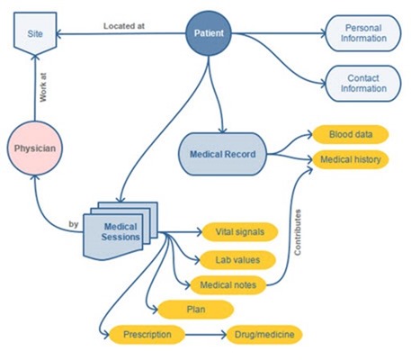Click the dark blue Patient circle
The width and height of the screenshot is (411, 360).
(x=209, y=33)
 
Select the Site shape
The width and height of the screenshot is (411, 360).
(x=35, y=33)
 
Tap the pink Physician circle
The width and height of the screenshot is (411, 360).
(x=35, y=148)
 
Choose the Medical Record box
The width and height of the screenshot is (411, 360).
(x=222, y=154)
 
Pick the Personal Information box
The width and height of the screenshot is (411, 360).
(x=363, y=33)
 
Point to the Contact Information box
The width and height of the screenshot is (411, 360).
(x=363, y=84)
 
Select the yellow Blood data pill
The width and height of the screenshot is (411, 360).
(x=351, y=134)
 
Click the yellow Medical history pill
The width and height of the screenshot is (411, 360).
(x=351, y=159)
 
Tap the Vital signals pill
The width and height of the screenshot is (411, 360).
(x=240, y=232)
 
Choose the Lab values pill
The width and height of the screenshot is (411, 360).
(x=237, y=260)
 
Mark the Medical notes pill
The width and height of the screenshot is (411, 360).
(x=228, y=284)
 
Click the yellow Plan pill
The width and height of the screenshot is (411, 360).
(x=196, y=310)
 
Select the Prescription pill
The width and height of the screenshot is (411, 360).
(x=147, y=335)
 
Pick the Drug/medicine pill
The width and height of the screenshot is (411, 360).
(x=264, y=335)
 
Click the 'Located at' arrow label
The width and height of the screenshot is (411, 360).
(x=124, y=26)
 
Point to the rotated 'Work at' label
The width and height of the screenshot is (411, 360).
(x=43, y=87)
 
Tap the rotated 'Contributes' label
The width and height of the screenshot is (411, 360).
(x=298, y=232)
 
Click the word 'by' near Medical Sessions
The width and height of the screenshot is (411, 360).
(x=74, y=224)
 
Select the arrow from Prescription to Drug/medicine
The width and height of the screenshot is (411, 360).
(x=206, y=335)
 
